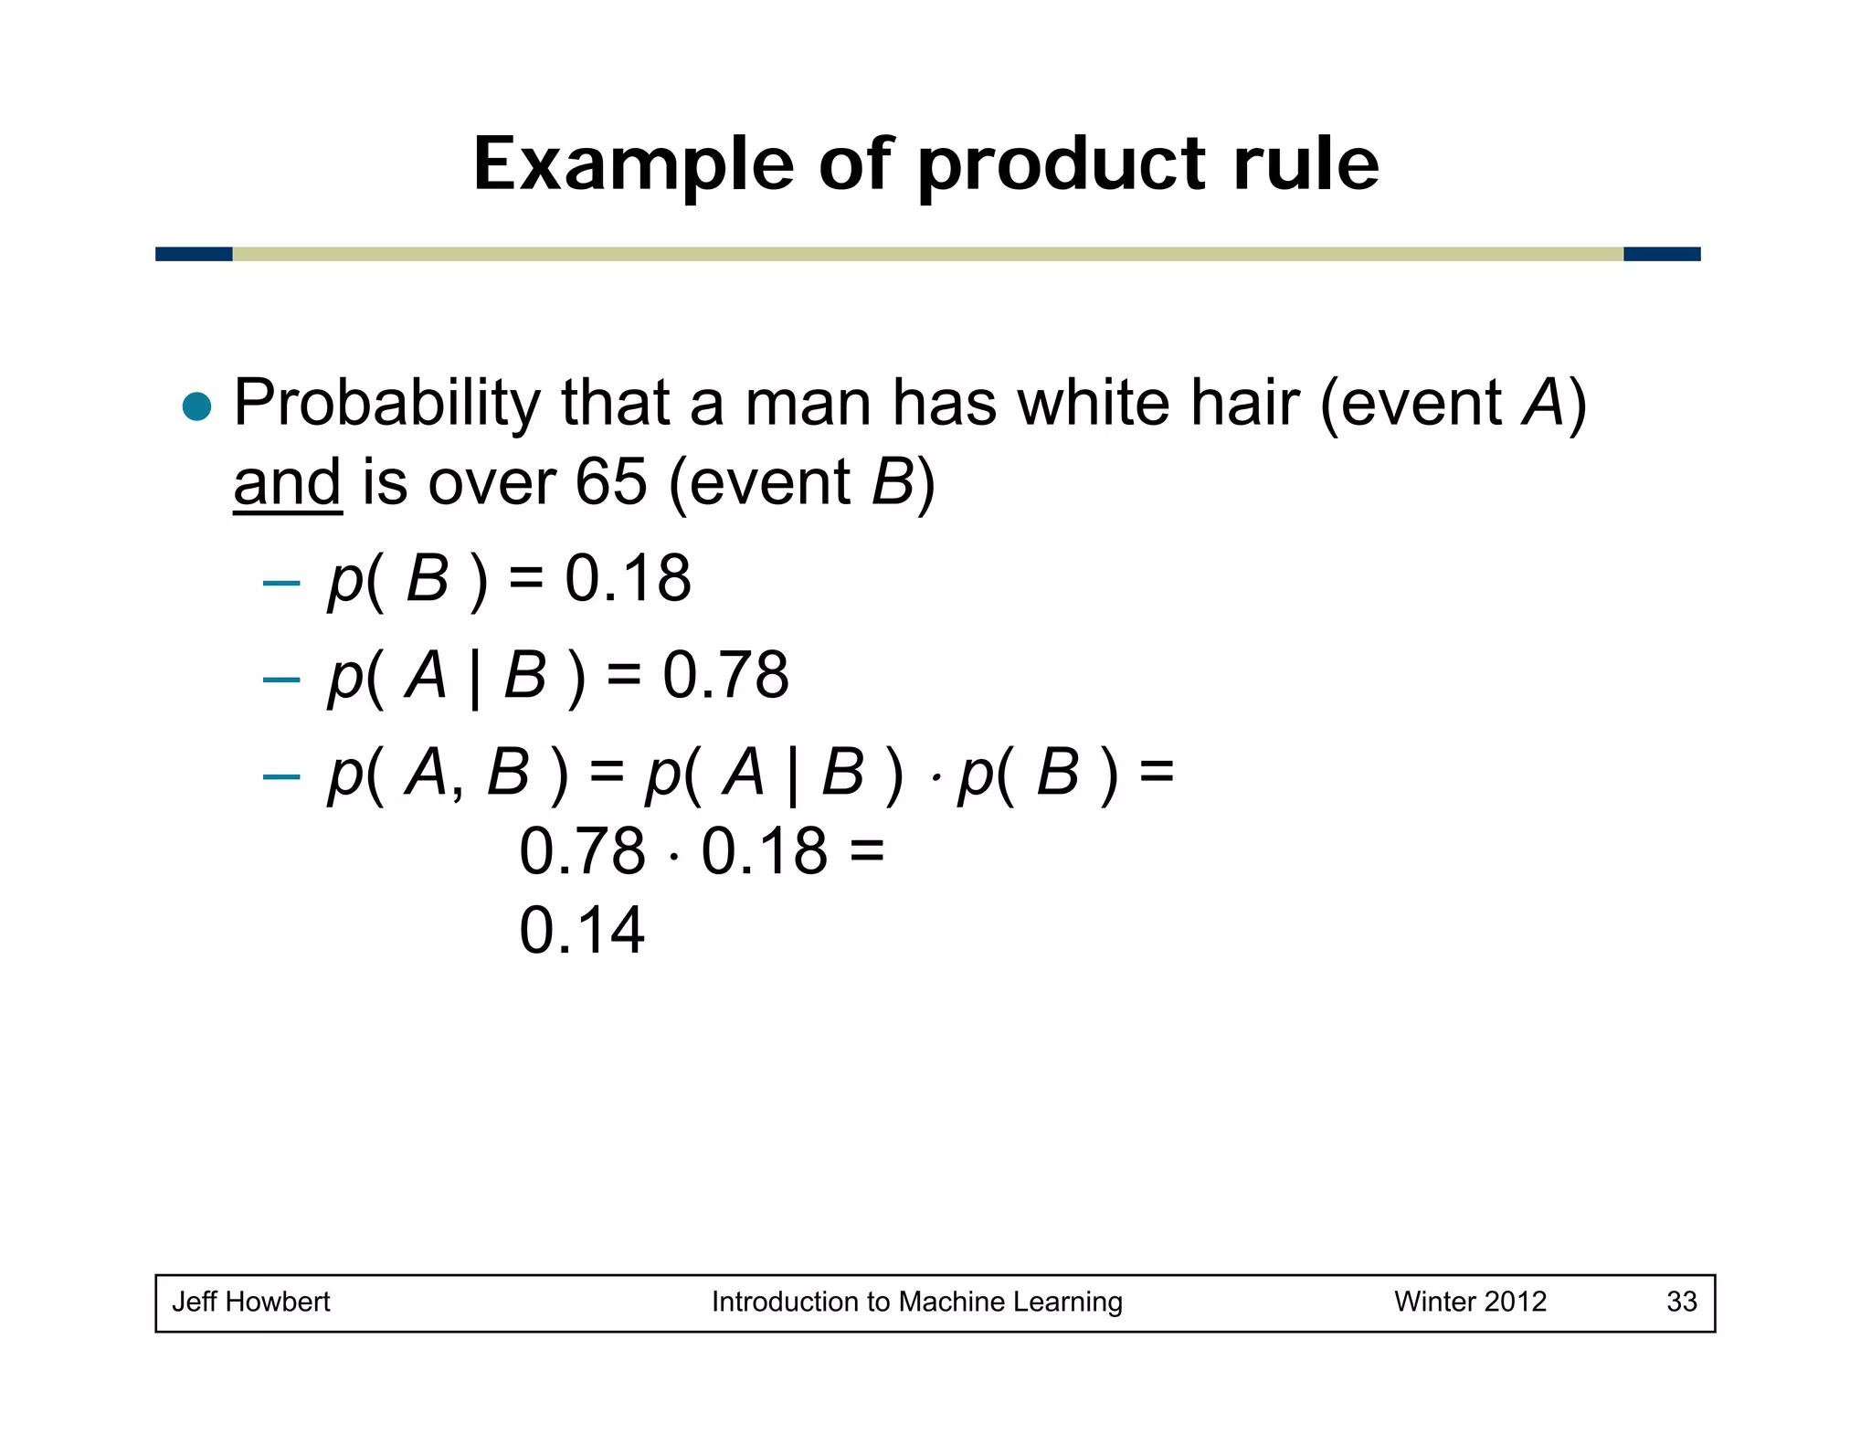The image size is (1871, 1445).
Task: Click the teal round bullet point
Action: pyautogui.click(x=196, y=406)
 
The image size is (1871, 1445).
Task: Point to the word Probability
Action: pyautogui.click(x=387, y=404)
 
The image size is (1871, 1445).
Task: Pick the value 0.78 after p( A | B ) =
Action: pyautogui.click(x=725, y=675)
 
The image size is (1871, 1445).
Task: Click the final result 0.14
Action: pyautogui.click(x=582, y=931)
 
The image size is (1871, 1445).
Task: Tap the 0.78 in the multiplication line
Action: pyautogui.click(x=582, y=851)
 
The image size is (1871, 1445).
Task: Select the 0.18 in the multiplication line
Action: pyautogui.click(x=764, y=851)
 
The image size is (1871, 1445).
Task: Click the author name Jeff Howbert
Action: pyautogui.click(x=251, y=1301)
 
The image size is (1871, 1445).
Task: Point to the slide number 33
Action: pyautogui.click(x=1681, y=1301)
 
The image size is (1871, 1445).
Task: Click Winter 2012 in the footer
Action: pyautogui.click(x=1470, y=1301)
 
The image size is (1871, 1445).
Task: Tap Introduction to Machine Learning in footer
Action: pyautogui.click(x=916, y=1301)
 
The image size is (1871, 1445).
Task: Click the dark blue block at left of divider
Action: pyautogui.click(x=194, y=254)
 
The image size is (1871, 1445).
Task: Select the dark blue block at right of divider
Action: pyautogui.click(x=1662, y=254)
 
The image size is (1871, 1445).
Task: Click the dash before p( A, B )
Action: pyautogui.click(x=280, y=776)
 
